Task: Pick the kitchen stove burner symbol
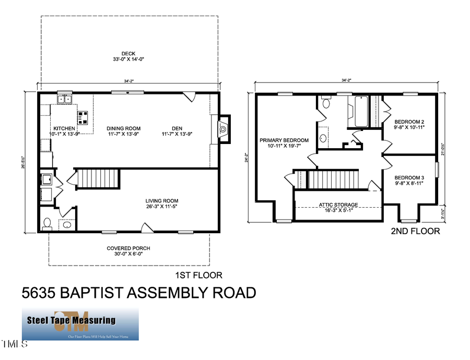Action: click(x=83, y=116)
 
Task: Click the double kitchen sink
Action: click(x=64, y=98)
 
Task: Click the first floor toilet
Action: click(x=46, y=224)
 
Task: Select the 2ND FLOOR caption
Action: click(x=415, y=231)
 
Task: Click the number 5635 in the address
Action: click(x=40, y=293)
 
